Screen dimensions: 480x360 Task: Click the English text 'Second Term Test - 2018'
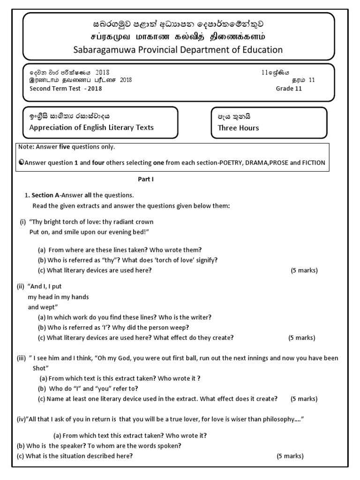pos(65,89)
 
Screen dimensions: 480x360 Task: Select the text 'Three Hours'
pos(238,127)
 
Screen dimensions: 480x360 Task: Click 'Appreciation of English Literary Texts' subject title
pos(91,127)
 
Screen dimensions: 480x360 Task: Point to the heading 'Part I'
pos(145,179)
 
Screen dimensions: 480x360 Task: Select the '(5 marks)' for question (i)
pos(304,270)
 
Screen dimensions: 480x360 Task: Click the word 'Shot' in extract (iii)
pos(41,368)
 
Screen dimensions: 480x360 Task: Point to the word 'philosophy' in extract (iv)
pos(273,419)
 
